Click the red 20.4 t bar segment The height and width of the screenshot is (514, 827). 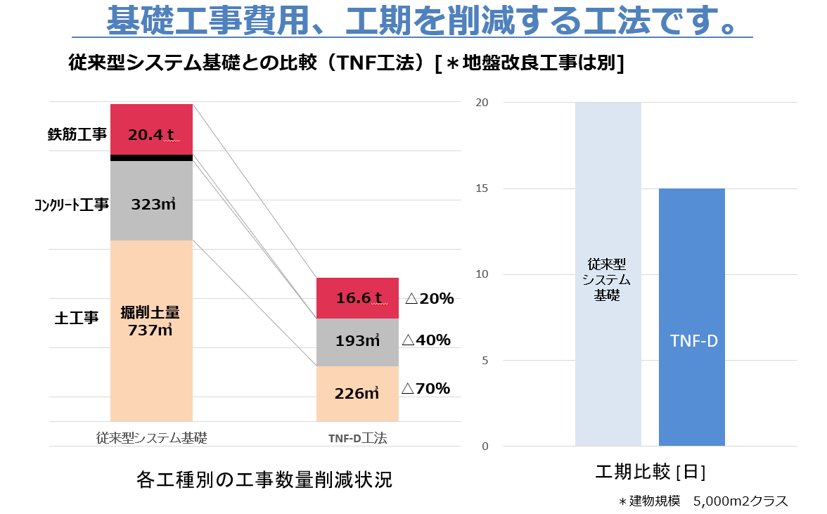point(151,129)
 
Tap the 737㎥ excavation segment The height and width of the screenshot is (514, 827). point(151,330)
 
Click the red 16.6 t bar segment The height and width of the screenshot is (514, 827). point(357,298)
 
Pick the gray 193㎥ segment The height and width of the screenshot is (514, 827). point(357,342)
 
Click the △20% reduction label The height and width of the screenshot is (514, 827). point(429,299)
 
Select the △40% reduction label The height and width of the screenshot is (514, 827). point(425,341)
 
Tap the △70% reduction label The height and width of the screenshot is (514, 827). point(425,389)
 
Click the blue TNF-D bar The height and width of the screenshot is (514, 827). point(691,316)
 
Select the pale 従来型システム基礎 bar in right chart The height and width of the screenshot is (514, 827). point(608,274)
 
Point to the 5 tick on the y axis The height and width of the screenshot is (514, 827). point(484,361)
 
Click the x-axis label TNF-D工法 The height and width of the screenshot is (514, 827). point(357,438)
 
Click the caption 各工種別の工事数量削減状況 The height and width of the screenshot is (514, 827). point(264,480)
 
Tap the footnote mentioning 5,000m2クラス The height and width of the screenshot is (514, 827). point(703,501)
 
